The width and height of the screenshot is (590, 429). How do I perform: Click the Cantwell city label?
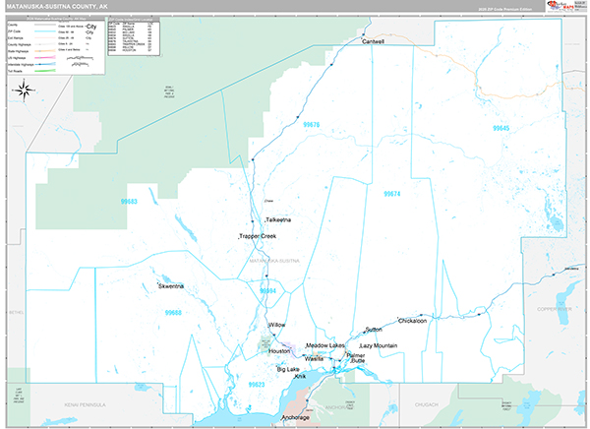pyautogui.click(x=373, y=42)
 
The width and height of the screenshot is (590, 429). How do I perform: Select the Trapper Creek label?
pyautogui.click(x=257, y=237)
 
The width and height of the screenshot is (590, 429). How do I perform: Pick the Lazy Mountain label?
pyautogui.click(x=379, y=346)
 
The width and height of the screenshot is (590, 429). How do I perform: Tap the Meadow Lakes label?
pyautogui.click(x=324, y=345)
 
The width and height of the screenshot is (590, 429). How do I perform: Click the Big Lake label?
pyautogui.click(x=288, y=369)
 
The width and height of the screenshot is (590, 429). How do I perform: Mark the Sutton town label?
pyautogui.click(x=373, y=329)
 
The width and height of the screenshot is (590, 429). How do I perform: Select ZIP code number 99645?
pyautogui.click(x=501, y=129)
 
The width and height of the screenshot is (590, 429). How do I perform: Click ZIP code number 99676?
pyautogui.click(x=313, y=125)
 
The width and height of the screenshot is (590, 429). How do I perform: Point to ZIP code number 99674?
pyautogui.click(x=391, y=194)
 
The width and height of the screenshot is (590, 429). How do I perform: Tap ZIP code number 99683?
pyautogui.click(x=129, y=201)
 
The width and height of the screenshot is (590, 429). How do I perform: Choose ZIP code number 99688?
pyautogui.click(x=174, y=312)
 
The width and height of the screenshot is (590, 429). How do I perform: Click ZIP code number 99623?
pyautogui.click(x=258, y=384)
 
